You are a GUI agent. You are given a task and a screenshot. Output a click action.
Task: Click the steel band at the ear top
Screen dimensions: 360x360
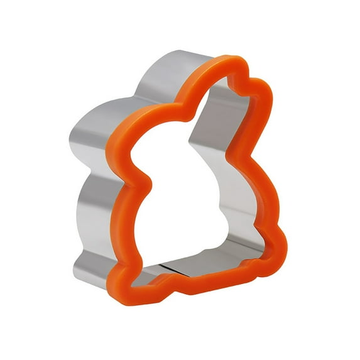click(182, 63)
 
